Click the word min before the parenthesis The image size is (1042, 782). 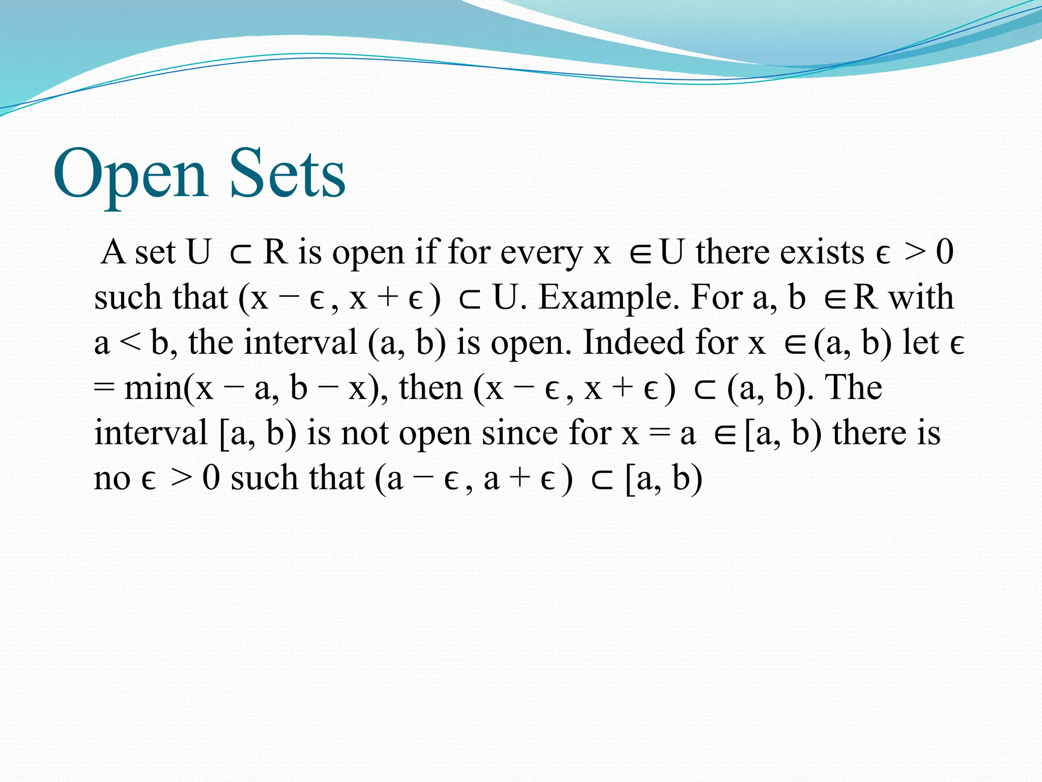[x=153, y=388]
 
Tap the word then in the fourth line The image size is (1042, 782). [x=430, y=388]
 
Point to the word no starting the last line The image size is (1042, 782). [x=112, y=479]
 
